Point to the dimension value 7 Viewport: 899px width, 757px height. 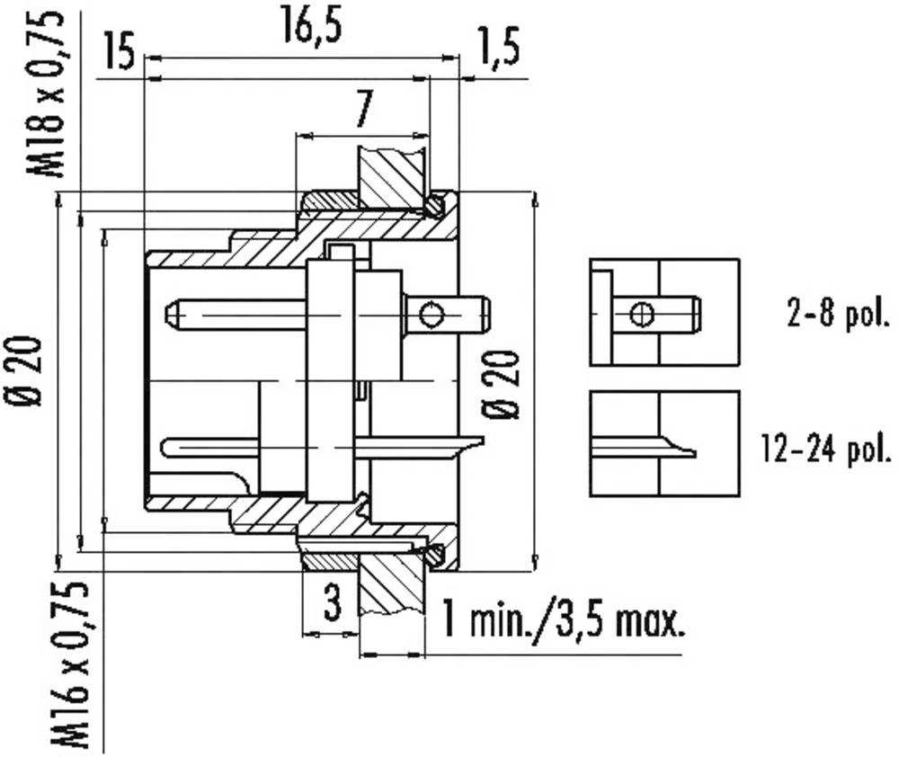pos(362,111)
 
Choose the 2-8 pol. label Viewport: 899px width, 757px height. pos(835,315)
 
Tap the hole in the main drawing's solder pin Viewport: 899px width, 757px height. pos(432,315)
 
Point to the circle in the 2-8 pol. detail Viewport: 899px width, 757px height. pos(641,314)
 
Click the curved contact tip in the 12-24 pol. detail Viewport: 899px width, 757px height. pos(683,450)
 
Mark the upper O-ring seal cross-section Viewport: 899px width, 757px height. pos(435,206)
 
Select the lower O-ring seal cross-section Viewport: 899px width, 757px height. pos(435,556)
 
